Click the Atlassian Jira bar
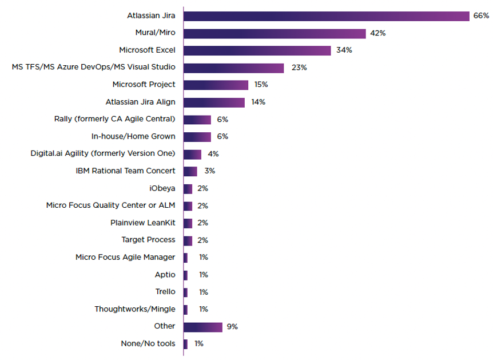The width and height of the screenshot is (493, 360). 326,16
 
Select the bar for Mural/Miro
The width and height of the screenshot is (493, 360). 275,33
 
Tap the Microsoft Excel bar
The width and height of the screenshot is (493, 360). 257,50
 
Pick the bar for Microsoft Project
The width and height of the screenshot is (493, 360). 216,85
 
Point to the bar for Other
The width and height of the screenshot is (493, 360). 202,327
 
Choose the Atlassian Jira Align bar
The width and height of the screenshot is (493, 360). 214,102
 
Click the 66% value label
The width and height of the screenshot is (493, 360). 481,16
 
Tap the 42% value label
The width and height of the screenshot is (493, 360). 377,33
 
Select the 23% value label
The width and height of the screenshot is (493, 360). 299,68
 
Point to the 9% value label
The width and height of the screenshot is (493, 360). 232,327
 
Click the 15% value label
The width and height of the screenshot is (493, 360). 261,85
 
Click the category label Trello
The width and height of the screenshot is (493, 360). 165,292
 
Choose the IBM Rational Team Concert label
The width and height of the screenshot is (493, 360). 125,171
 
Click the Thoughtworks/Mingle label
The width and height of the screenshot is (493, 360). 135,309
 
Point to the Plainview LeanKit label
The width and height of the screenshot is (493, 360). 143,223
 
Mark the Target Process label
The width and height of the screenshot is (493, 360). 148,240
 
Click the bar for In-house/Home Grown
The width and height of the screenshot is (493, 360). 197,137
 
